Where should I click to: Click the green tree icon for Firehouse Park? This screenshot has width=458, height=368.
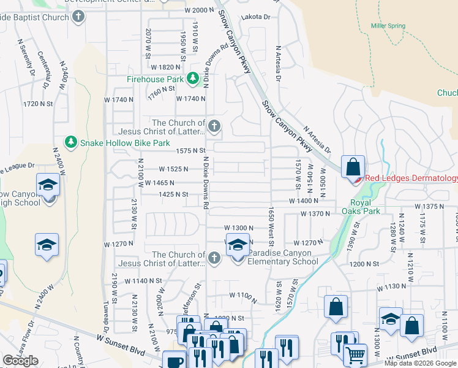193,79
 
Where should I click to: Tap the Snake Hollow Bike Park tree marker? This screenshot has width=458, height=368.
72,142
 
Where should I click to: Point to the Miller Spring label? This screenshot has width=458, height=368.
388,26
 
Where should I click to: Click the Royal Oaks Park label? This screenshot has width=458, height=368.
365,207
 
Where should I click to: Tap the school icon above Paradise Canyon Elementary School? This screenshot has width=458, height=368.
237,245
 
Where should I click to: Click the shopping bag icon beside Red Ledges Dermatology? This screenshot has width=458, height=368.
353,166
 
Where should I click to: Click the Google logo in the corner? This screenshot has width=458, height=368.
21,361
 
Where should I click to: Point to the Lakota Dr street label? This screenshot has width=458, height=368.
255,17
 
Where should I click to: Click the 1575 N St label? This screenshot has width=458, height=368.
190,150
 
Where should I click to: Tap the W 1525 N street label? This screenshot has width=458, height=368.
173,169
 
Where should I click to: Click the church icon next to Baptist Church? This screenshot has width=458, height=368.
78,17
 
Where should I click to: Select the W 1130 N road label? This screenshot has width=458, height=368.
392,286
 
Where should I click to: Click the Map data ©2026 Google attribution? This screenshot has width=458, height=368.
420,363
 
